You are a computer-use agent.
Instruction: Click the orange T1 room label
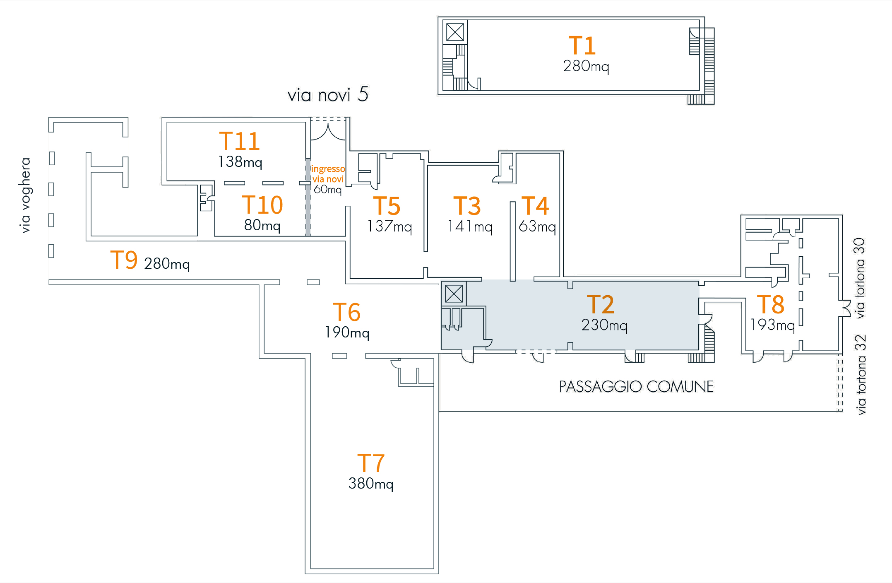pyautogui.click(x=582, y=45)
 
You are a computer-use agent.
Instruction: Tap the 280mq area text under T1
pyautogui.click(x=586, y=66)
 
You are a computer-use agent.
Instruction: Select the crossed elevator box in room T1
pyautogui.click(x=455, y=32)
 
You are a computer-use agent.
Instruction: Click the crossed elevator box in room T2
pyautogui.click(x=454, y=294)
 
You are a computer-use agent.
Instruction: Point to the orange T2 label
pyautogui.click(x=600, y=304)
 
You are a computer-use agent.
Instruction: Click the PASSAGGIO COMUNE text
pyautogui.click(x=636, y=387)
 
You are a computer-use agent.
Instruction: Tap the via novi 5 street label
pyautogui.click(x=327, y=95)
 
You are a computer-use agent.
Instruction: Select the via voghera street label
pyautogui.click(x=25, y=195)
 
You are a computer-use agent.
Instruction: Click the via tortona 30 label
pyautogui.click(x=860, y=278)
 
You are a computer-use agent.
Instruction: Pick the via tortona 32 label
pyautogui.click(x=861, y=375)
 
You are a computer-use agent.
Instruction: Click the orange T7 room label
pyautogui.click(x=371, y=463)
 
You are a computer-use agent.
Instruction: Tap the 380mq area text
pyautogui.click(x=371, y=484)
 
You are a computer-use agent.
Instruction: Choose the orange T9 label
pyautogui.click(x=124, y=260)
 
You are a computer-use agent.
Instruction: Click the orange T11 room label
pyautogui.click(x=239, y=141)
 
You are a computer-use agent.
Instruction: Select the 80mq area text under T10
pyautogui.click(x=262, y=225)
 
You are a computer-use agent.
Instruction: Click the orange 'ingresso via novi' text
pyautogui.click(x=328, y=174)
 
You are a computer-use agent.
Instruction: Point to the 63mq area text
pyautogui.click(x=537, y=226)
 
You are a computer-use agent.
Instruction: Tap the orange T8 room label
pyautogui.click(x=770, y=304)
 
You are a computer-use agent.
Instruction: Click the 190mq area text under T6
pyautogui.click(x=347, y=332)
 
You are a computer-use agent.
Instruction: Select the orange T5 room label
pyautogui.click(x=387, y=206)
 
